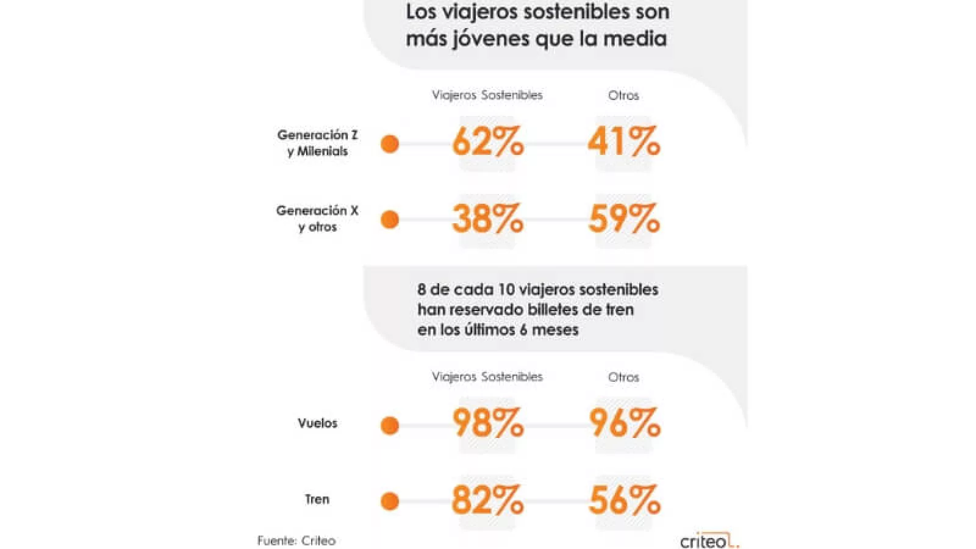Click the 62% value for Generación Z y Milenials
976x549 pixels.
(x=487, y=142)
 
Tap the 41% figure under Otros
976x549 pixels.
(x=623, y=142)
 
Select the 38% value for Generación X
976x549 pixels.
(x=487, y=218)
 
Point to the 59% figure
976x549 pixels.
(x=623, y=218)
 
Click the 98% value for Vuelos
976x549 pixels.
(x=487, y=423)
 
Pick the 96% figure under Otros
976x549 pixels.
(x=624, y=423)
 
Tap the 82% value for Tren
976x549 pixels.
(x=487, y=500)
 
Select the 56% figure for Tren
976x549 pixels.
(x=624, y=500)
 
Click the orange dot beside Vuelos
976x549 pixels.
(x=390, y=425)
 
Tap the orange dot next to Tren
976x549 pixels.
(x=390, y=501)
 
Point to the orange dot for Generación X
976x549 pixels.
(x=390, y=220)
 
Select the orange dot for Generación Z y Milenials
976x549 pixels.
(x=390, y=144)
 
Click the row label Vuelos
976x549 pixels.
(x=317, y=423)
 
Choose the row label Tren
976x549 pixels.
(x=317, y=499)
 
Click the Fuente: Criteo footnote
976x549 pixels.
(x=296, y=540)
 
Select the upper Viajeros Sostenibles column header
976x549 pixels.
(x=487, y=95)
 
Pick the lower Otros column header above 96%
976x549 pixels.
(x=623, y=377)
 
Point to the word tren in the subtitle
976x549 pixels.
(x=611, y=309)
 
